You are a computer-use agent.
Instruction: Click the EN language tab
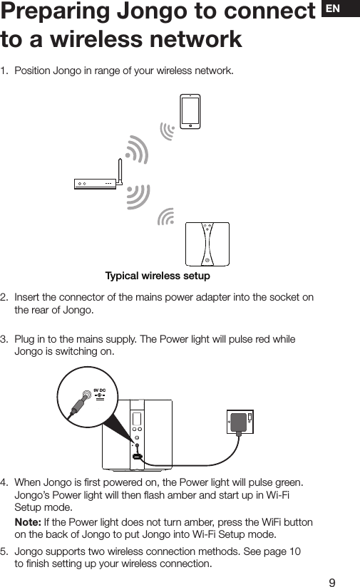[340, 9]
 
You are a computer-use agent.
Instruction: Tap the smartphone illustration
[190, 110]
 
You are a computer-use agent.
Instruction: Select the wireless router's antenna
[120, 171]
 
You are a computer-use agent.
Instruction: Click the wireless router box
[96, 184]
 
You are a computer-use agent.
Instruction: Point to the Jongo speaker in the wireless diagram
[207, 243]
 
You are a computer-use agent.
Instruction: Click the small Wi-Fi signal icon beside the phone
[168, 131]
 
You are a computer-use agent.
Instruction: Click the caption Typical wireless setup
[157, 276]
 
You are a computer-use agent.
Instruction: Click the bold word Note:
[29, 523]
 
